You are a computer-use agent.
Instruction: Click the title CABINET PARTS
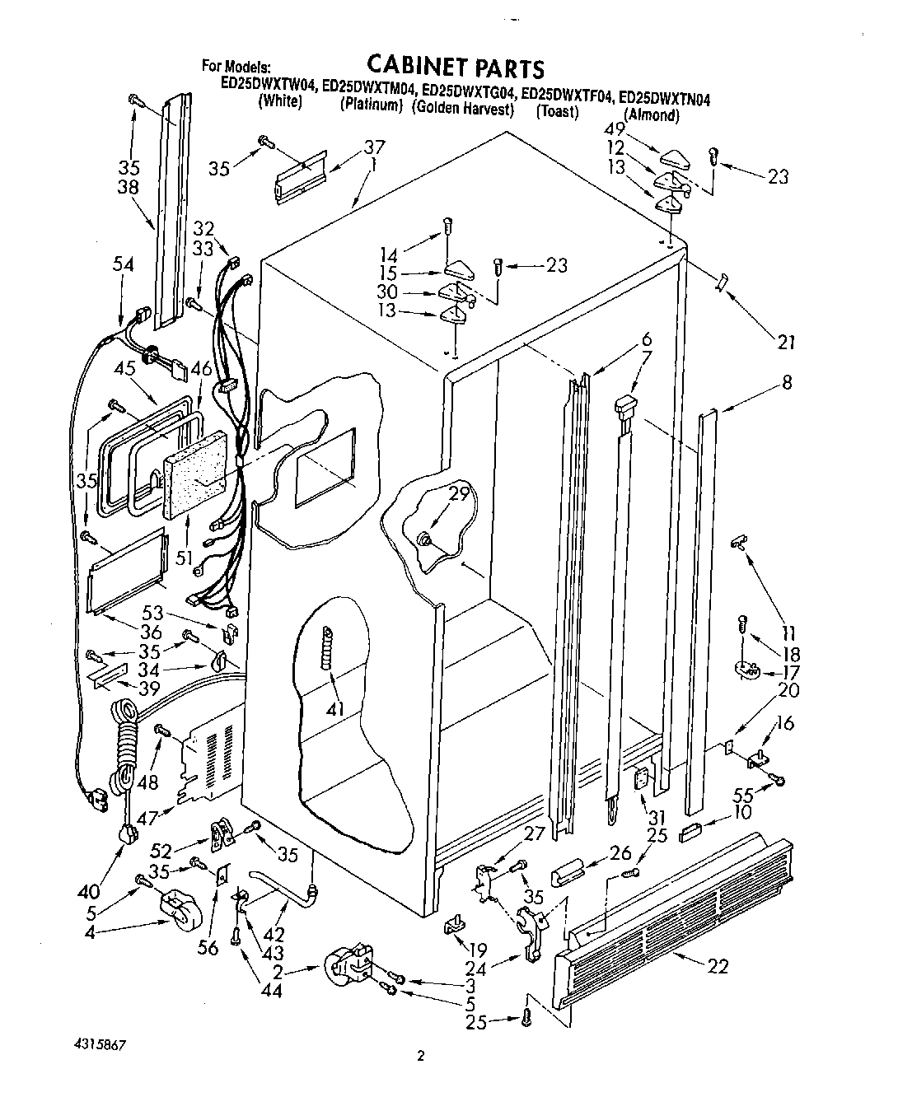point(456,67)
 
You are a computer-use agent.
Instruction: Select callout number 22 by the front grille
point(718,965)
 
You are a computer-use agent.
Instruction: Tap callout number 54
point(124,264)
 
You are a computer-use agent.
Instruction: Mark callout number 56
point(209,948)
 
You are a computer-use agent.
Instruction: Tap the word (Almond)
point(651,115)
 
